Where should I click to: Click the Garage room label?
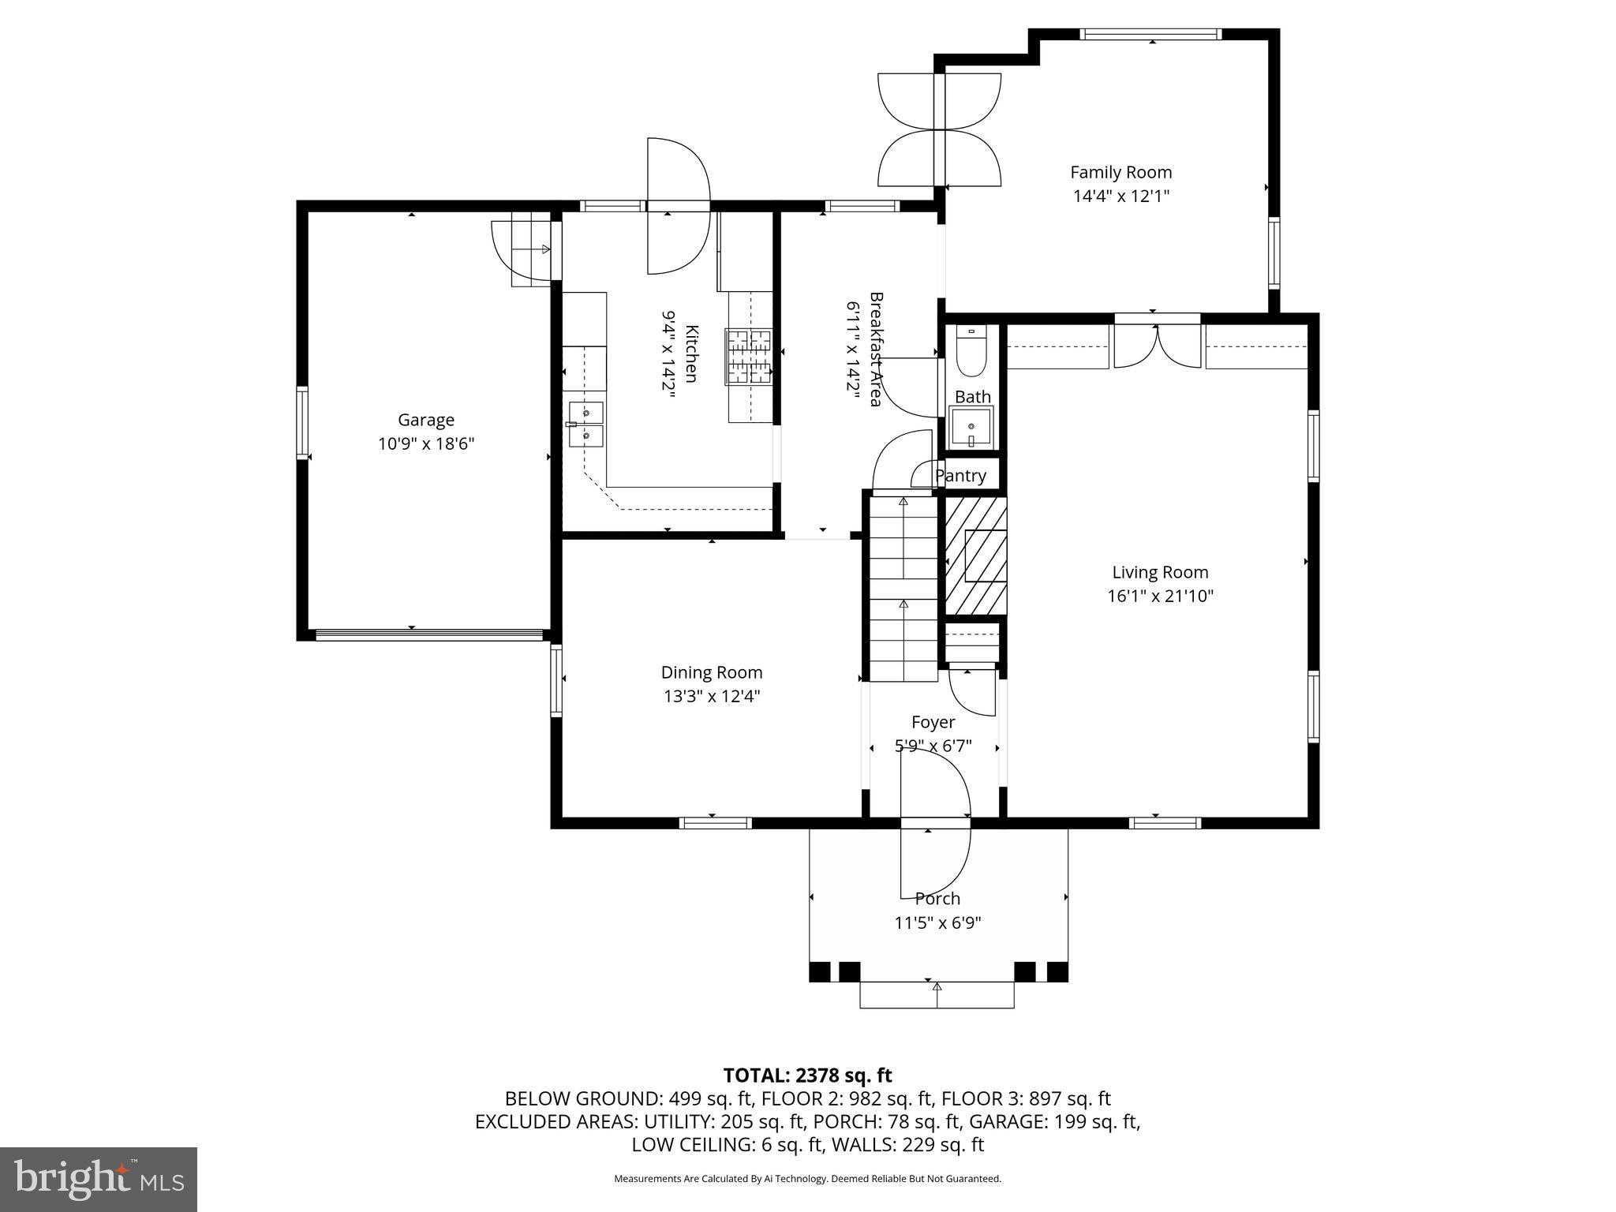click(425, 421)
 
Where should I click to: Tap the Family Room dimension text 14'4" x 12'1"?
click(1120, 196)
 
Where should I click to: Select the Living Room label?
click(1160, 572)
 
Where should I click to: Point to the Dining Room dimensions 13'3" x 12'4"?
click(712, 697)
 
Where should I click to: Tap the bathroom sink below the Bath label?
click(971, 426)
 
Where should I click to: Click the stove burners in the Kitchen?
click(748, 357)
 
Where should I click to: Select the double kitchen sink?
click(585, 424)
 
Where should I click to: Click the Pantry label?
click(960, 476)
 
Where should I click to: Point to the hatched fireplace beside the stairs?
click(976, 555)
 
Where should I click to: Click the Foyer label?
click(933, 722)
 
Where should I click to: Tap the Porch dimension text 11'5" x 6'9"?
click(937, 922)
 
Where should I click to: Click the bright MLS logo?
click(99, 1179)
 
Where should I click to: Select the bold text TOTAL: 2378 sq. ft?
click(807, 1075)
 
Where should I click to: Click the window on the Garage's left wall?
click(302, 423)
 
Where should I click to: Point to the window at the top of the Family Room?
click(1150, 34)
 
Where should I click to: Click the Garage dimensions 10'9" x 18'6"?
click(426, 444)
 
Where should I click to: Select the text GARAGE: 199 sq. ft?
click(1053, 1121)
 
